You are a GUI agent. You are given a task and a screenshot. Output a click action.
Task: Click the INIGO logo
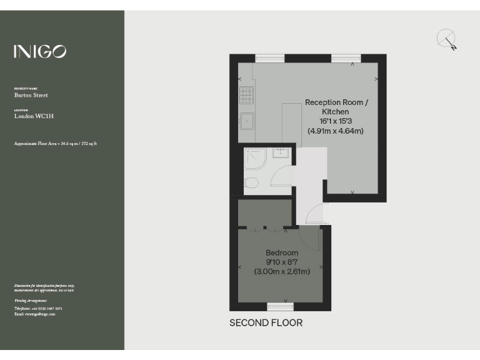[40, 51]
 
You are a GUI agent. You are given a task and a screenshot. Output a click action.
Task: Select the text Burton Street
[31, 96]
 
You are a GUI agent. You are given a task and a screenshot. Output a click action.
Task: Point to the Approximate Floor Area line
[55, 144]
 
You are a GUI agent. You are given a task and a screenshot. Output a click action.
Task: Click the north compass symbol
[447, 39]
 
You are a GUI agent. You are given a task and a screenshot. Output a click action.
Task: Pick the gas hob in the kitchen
[246, 95]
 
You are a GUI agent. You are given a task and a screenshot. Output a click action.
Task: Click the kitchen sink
[247, 119]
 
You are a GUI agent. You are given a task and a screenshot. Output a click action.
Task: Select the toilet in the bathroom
[251, 182]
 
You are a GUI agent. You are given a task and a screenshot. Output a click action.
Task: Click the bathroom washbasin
[281, 153]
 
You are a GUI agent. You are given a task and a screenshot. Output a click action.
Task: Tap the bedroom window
[280, 306]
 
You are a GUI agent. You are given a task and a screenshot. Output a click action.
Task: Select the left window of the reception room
[270, 58]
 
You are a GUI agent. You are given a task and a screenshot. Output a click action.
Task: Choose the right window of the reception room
[346, 58]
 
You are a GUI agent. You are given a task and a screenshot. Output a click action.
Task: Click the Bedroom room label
[282, 252]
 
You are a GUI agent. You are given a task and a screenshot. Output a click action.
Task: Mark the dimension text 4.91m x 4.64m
[336, 131]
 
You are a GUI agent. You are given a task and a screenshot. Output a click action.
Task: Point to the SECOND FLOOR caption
[266, 323]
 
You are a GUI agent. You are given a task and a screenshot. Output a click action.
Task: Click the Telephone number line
[38, 309]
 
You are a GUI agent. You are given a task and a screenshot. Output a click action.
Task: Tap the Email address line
[34, 314]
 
